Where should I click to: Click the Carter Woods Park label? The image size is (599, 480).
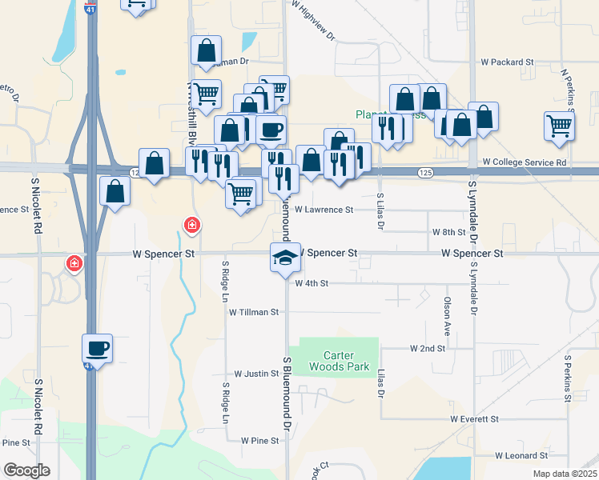pos(338,361)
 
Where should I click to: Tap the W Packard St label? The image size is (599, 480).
pos(507,62)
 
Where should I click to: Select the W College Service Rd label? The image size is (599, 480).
pos(525,162)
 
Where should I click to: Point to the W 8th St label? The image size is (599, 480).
pos(449,232)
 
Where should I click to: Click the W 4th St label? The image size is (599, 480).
pos(312,283)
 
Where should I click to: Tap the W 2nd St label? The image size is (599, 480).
pos(427,349)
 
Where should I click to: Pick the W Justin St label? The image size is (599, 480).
pos(255,374)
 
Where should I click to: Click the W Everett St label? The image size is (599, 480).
pos(474,418)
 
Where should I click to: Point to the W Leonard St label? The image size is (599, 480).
pos(521,455)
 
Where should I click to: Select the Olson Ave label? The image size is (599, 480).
pos(447,316)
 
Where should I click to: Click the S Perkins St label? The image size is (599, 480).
pos(569,379)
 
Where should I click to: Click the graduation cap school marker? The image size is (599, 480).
pos(284,258)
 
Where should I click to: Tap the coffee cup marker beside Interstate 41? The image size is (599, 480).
pos(97,348)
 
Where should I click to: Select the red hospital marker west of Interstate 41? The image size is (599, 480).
pos(74,262)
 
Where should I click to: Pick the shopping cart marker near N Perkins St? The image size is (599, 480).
pos(558,125)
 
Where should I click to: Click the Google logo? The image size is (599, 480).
pos(26,470)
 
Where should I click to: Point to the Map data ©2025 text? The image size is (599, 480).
pos(565,474)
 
